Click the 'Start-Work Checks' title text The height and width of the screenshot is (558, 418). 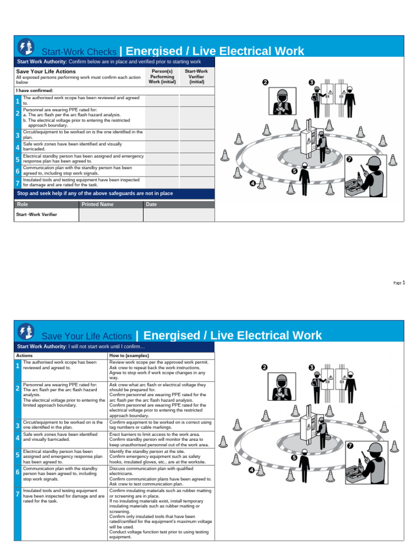pyautogui.click(x=79, y=52)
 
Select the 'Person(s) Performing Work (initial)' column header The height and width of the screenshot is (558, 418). pyautogui.click(x=162, y=77)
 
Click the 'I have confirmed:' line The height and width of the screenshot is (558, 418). pyautogui.click(x=34, y=90)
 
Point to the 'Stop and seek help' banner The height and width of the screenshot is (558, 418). pyautogui.click(x=95, y=193)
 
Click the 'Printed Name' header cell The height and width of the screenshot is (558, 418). pyautogui.click(x=97, y=204)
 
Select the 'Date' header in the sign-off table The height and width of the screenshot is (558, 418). pyautogui.click(x=151, y=204)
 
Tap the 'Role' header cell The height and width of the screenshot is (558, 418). pyautogui.click(x=22, y=204)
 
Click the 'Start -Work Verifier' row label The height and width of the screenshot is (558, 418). pyautogui.click(x=36, y=215)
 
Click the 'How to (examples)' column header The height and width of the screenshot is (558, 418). pyautogui.click(x=129, y=355)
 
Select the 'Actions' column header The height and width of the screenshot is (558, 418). pyautogui.click(x=24, y=355)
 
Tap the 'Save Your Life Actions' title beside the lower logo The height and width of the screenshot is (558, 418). pyautogui.click(x=87, y=336)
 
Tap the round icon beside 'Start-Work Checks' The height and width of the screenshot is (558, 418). pyautogui.click(x=25, y=47)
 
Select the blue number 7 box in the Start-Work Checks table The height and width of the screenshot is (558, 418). pyautogui.click(x=17, y=183)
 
